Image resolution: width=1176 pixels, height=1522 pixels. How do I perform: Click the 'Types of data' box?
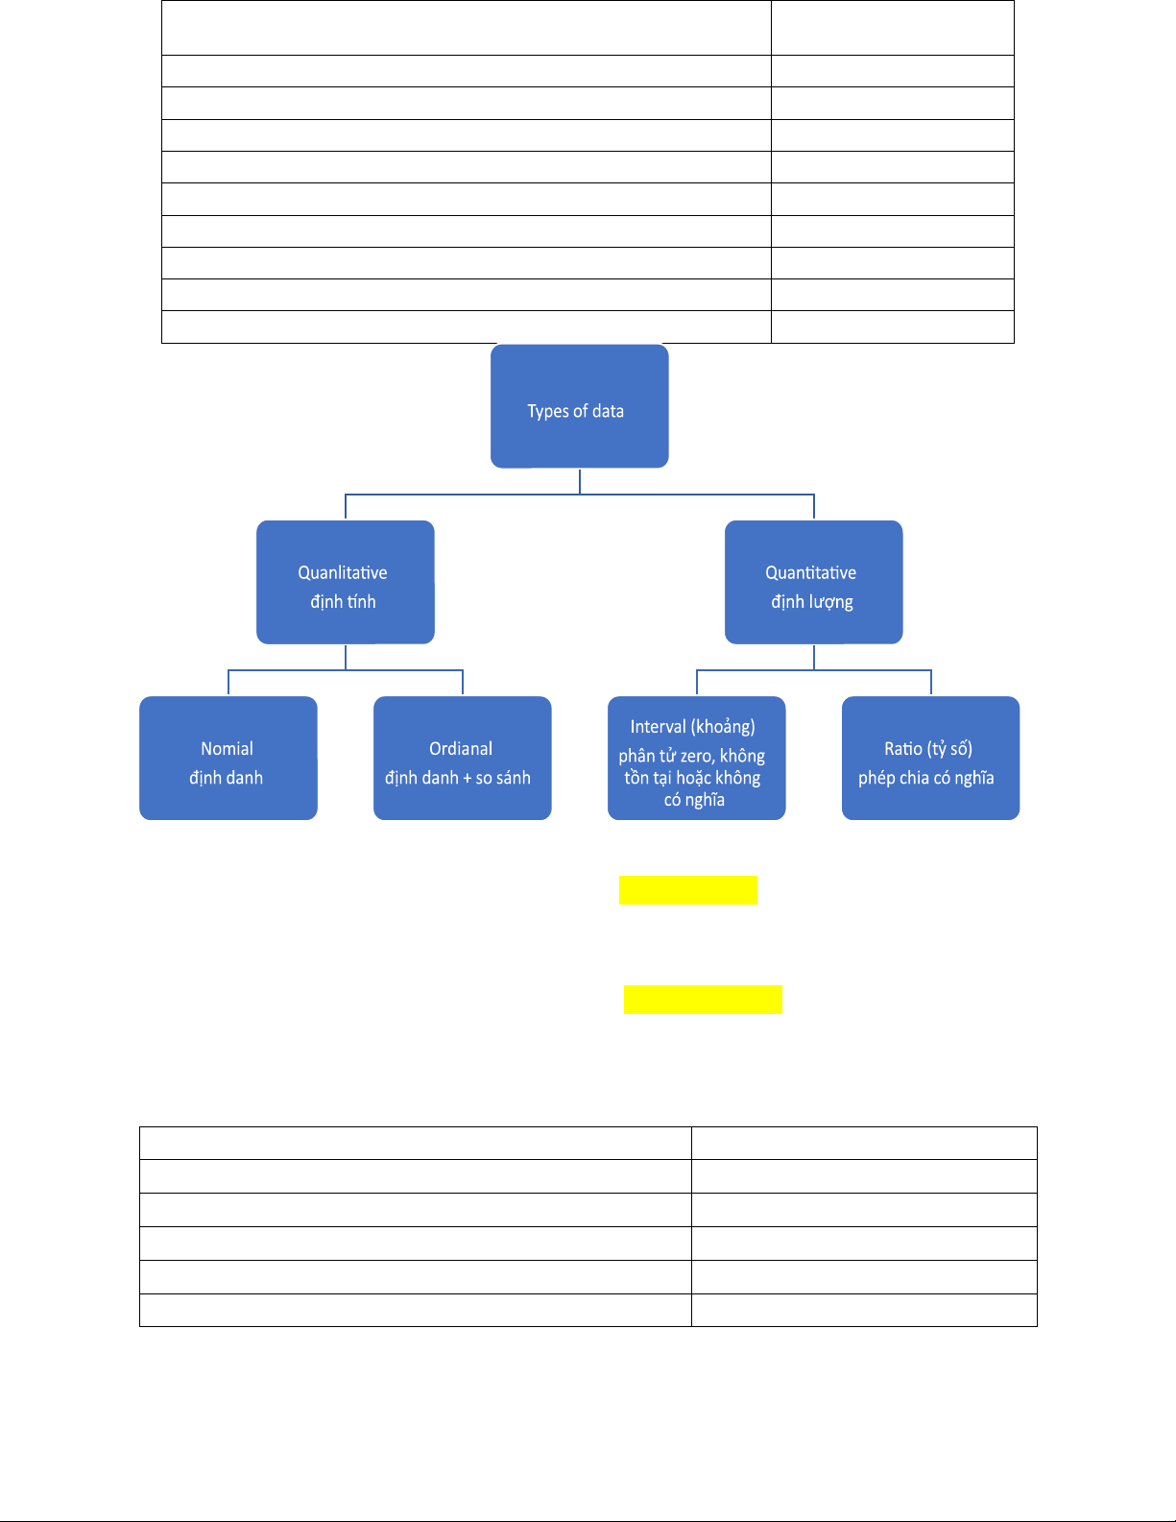click(580, 406)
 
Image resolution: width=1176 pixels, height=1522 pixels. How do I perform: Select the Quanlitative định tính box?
click(345, 582)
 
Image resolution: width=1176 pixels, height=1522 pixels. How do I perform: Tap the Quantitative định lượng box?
click(813, 582)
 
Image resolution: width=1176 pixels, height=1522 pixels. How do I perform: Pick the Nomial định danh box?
click(228, 758)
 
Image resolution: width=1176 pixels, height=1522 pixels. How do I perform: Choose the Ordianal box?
click(462, 758)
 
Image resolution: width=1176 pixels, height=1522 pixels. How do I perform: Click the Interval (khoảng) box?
click(697, 758)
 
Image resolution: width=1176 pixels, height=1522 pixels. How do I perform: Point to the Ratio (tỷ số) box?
click(930, 758)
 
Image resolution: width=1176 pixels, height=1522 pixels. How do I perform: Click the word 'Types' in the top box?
click(548, 412)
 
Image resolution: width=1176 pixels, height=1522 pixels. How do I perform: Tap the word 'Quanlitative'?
click(343, 573)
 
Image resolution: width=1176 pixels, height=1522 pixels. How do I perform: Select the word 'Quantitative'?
click(810, 573)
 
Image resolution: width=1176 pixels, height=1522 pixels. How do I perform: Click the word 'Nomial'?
click(227, 749)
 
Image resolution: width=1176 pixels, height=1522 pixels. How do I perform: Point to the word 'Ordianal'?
click(461, 749)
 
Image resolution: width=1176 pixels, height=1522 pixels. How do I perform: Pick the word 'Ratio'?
click(903, 749)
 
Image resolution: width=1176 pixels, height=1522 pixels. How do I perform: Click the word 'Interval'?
click(660, 727)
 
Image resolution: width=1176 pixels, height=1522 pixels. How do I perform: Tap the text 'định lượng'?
click(812, 602)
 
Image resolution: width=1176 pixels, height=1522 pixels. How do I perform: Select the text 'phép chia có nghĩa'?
click(926, 778)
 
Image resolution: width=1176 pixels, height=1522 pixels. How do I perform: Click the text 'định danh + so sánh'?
click(458, 778)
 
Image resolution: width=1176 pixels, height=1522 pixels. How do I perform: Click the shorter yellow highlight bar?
click(688, 889)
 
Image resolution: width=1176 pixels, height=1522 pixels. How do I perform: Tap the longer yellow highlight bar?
click(703, 1000)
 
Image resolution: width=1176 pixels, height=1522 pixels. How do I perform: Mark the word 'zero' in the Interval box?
click(697, 757)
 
